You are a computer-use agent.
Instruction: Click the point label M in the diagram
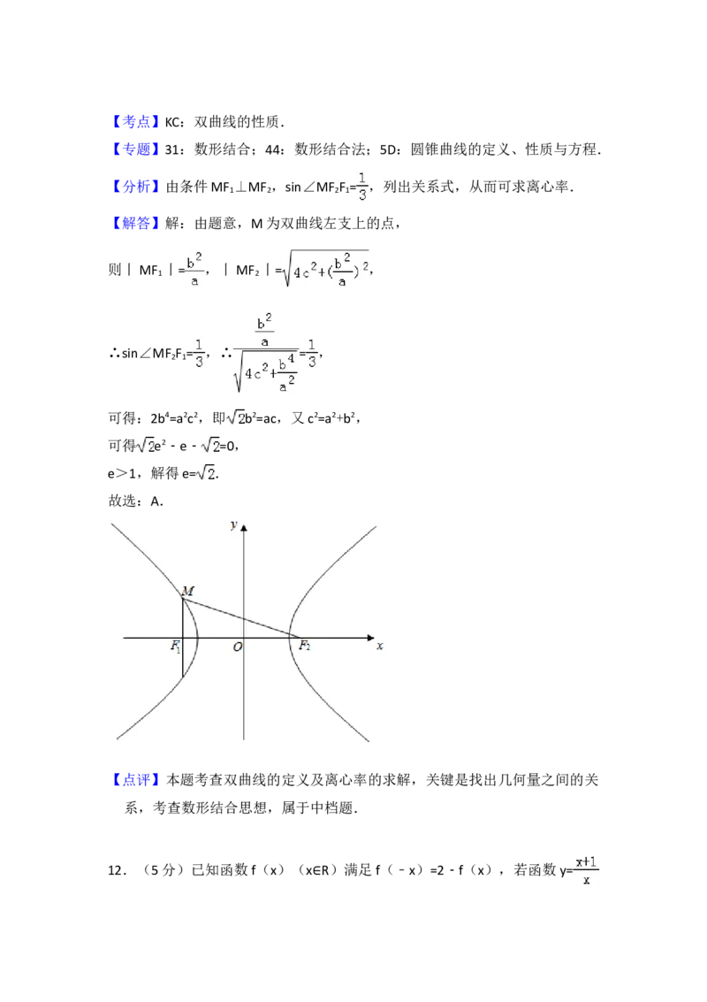187,590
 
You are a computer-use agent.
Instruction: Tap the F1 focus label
176,646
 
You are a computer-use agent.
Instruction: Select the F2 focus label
304,646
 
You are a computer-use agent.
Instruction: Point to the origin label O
237,647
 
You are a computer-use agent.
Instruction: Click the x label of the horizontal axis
379,646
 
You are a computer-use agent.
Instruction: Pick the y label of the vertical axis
233,524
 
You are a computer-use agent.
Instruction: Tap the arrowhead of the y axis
244,528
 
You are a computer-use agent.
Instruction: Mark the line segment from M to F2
239,617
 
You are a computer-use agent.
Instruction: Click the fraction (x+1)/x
586,870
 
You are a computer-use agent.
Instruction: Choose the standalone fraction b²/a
194,269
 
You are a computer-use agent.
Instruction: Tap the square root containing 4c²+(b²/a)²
325,269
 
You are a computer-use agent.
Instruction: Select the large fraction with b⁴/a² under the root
265,350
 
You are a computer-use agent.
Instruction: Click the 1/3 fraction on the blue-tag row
363,184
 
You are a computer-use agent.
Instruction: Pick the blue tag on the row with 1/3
137,187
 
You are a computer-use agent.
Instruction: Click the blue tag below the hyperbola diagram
137,781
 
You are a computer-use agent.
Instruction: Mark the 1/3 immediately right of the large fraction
314,354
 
